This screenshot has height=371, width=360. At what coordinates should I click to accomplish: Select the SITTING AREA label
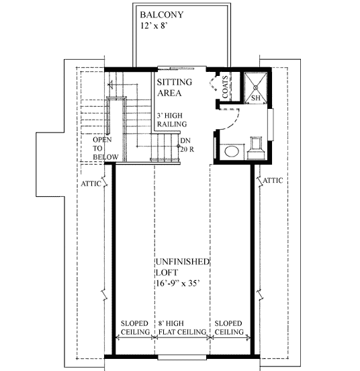tap(173, 87)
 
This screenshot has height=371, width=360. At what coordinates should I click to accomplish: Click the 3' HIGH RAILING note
tap(172, 120)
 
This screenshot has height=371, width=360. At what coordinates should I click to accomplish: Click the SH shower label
tap(255, 99)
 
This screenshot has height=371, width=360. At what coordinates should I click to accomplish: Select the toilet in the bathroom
tap(257, 146)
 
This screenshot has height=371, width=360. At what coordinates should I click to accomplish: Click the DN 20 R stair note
tap(187, 145)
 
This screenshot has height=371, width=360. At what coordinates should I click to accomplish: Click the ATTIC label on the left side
tap(91, 183)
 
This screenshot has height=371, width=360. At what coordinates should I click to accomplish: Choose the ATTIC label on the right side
tap(272, 180)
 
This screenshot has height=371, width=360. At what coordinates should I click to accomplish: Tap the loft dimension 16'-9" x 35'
tap(183, 283)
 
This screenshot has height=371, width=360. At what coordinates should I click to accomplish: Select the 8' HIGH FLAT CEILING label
tap(182, 328)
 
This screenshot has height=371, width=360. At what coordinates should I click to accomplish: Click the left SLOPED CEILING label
tap(134, 328)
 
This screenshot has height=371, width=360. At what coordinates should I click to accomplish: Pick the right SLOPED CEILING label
tap(229, 328)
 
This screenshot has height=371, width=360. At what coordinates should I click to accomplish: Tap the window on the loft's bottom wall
tap(183, 356)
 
